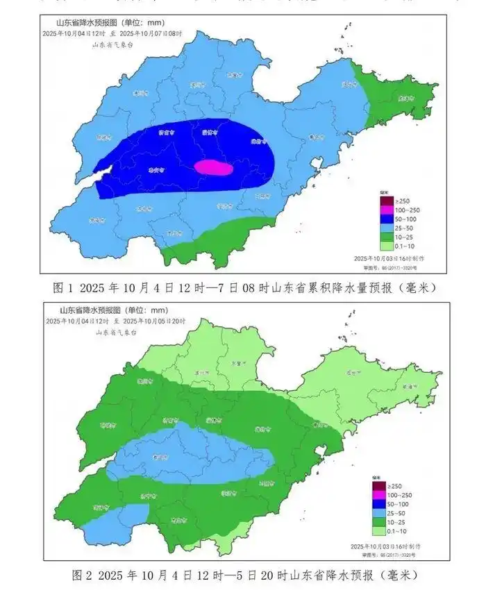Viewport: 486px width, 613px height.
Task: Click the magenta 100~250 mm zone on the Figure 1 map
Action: click(x=213, y=167)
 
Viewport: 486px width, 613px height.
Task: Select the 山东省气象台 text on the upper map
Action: click(x=112, y=44)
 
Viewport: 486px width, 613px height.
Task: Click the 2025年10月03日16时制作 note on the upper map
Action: click(x=392, y=258)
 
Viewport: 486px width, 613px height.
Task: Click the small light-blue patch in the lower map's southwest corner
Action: click(x=118, y=514)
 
